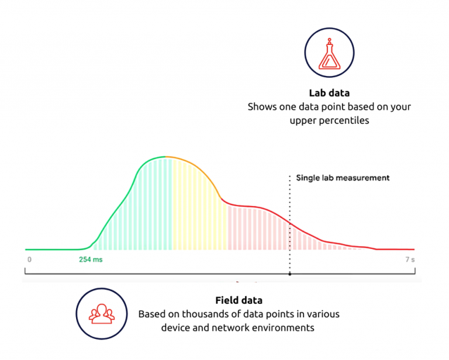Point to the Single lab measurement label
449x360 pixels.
click(x=343, y=178)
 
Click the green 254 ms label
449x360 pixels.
click(x=91, y=259)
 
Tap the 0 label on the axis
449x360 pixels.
click(x=29, y=259)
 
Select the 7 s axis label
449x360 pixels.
click(x=409, y=259)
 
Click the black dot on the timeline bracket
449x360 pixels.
click(x=290, y=273)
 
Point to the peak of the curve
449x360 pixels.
click(x=164, y=157)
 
